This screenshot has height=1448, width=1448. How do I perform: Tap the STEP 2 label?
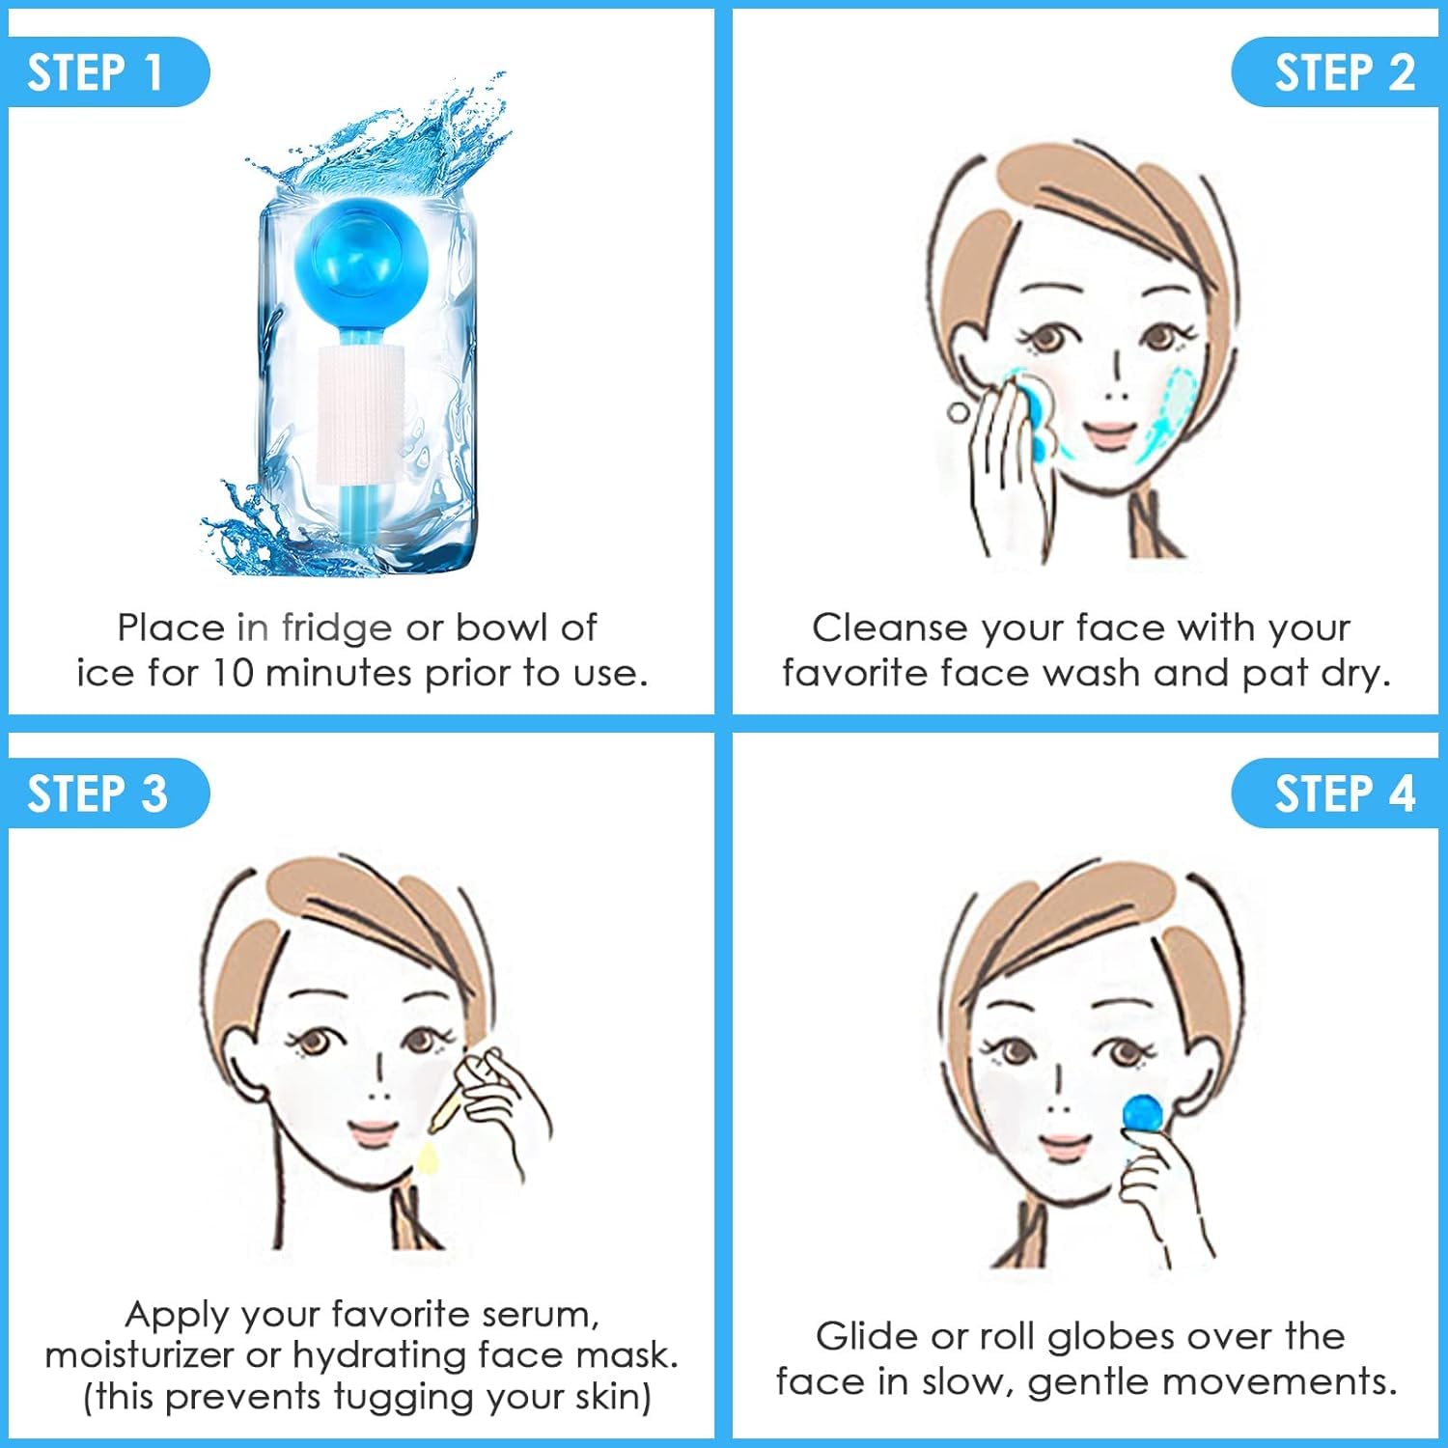1344,73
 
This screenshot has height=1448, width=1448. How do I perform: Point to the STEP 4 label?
1344,794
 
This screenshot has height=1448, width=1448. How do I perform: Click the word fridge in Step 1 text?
336,628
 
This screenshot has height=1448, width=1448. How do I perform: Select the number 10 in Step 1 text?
233,674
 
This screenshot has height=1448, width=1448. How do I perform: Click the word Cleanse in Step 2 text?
889,628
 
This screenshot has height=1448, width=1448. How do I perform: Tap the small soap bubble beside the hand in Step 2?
958,412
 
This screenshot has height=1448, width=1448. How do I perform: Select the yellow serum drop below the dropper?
428,1156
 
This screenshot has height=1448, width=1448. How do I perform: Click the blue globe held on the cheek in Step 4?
1144,1110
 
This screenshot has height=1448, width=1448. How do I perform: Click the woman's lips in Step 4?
1065,1147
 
